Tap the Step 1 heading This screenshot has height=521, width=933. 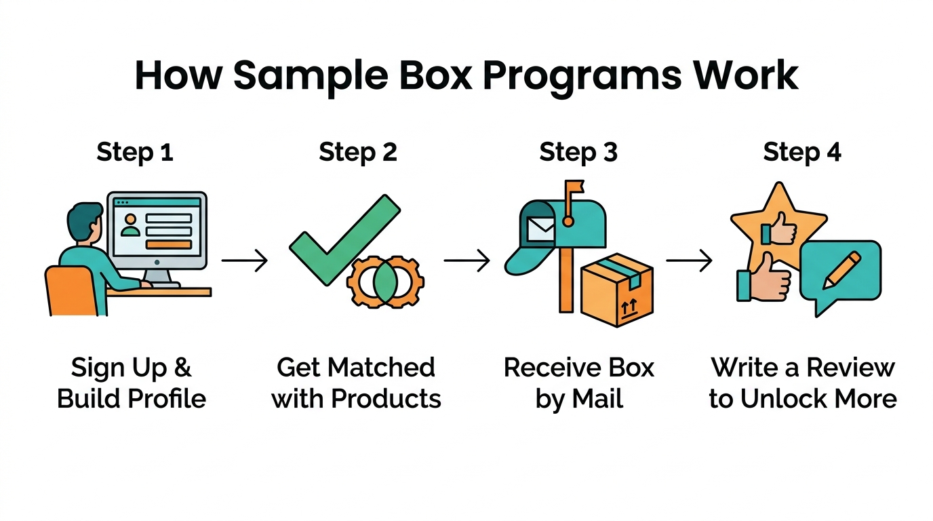(135, 152)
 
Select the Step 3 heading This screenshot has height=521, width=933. (578, 152)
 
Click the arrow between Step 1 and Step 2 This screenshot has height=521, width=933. (244, 260)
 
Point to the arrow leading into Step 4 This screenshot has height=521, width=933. (689, 260)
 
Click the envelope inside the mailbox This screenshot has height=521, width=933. (540, 229)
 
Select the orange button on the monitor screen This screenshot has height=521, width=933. (169, 244)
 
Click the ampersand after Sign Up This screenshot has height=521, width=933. (183, 368)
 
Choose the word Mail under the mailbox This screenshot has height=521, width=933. (597, 399)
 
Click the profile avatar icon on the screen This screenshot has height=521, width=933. (130, 227)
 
